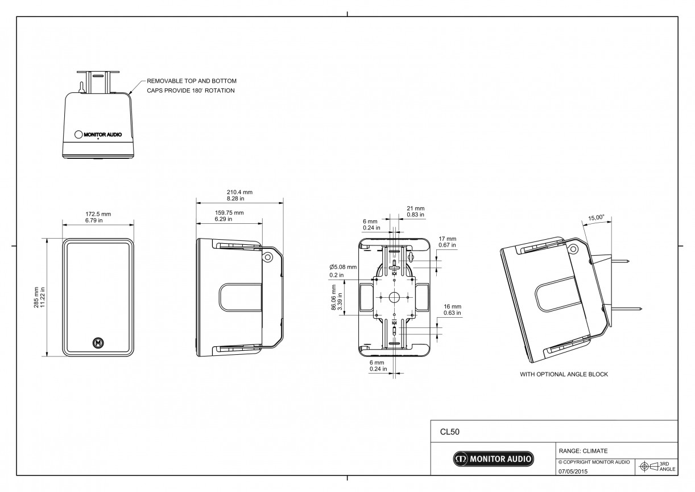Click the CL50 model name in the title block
click(449, 432)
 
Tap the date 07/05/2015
click(573, 471)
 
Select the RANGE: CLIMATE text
click(584, 450)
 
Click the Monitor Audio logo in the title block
click(493, 459)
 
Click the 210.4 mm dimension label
click(239, 192)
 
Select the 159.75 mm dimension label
click(229, 213)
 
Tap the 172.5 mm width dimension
click(98, 214)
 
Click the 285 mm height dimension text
click(36, 298)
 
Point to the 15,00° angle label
click(597, 218)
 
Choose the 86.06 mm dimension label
click(333, 297)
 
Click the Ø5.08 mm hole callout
click(343, 267)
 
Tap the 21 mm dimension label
click(415, 208)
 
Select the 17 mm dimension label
click(448, 239)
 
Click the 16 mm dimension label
click(452, 306)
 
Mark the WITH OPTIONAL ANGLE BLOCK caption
click(564, 374)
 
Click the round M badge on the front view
click(98, 343)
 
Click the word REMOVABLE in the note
click(165, 81)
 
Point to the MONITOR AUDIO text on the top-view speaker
click(103, 134)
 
